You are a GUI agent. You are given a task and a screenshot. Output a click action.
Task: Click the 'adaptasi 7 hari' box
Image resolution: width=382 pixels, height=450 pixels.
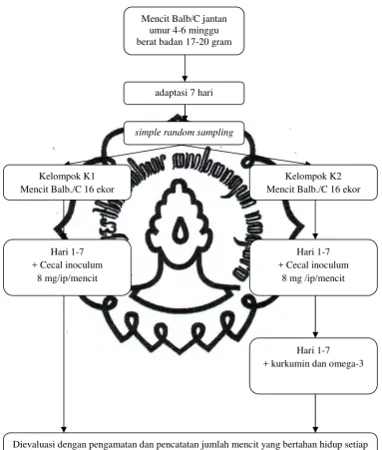tap(184, 93)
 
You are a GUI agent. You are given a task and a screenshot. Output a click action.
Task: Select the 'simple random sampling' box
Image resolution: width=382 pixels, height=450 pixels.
tap(184, 133)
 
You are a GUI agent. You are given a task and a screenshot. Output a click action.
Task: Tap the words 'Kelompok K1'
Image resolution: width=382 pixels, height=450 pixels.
tap(67, 177)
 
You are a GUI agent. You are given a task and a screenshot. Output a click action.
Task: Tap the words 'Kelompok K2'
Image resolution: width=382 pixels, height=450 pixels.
tap(313, 177)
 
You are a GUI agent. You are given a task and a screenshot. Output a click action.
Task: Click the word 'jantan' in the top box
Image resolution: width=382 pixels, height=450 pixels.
tap(213, 19)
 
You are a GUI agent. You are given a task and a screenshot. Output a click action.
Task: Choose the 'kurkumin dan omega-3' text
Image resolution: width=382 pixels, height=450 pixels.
tap(317, 364)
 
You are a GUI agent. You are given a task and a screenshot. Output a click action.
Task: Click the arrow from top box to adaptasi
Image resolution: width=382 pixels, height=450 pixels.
tap(185, 68)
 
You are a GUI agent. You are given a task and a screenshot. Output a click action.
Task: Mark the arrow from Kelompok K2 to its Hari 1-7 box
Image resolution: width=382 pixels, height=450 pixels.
tap(315, 220)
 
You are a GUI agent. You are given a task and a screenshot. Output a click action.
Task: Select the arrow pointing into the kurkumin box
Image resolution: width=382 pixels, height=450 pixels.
tap(315, 316)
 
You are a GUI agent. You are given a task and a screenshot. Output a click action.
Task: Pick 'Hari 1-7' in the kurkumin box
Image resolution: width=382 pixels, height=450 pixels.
tap(313, 350)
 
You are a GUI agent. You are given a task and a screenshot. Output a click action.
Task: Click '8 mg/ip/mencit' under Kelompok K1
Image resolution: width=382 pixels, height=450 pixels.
tap(67, 278)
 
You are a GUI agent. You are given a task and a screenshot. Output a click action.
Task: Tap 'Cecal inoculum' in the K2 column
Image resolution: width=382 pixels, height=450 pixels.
tap(317, 265)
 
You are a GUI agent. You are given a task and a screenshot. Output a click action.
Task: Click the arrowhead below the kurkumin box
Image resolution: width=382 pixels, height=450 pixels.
tap(315, 429)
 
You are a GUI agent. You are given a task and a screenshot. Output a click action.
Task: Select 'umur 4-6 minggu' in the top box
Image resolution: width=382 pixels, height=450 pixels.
tap(184, 30)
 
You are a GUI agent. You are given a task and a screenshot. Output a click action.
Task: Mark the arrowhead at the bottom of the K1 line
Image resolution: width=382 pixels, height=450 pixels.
tap(64, 429)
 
